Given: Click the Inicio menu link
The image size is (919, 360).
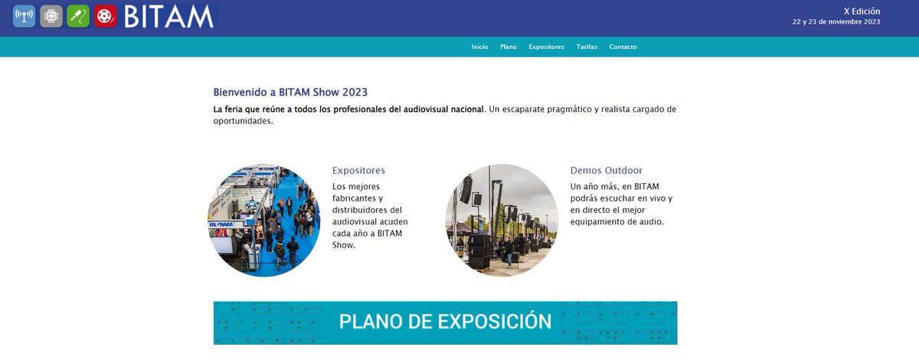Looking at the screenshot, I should click(x=479, y=47).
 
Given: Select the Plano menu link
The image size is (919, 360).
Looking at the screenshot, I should click(x=509, y=47).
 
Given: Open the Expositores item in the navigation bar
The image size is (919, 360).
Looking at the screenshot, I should click(x=546, y=47).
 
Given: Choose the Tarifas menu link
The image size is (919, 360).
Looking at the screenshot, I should click(x=587, y=47).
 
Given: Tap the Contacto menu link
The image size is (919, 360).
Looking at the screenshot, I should click(x=623, y=47).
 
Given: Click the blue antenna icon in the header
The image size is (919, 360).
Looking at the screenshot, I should click(x=24, y=16).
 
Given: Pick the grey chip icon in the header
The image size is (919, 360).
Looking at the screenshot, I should click(x=51, y=16).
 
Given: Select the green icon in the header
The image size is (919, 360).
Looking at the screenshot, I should click(x=78, y=16).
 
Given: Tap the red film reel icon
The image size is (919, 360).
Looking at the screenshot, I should click(x=105, y=16).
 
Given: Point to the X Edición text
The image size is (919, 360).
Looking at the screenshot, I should click(x=862, y=11).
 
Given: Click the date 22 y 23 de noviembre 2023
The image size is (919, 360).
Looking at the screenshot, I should click(x=836, y=21).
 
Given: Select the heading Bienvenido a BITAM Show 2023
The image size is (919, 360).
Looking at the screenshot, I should click(x=290, y=92).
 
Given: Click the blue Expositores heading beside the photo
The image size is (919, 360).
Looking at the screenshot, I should click(x=358, y=170).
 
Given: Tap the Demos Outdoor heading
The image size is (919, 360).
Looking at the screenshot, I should click(x=606, y=170).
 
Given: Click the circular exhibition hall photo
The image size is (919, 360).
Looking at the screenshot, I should click(x=264, y=220).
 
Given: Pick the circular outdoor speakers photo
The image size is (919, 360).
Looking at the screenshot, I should click(x=502, y=220).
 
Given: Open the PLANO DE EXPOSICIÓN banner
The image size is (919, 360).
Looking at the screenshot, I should click(x=445, y=322).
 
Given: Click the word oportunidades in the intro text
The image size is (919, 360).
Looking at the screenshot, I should click(x=243, y=121).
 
